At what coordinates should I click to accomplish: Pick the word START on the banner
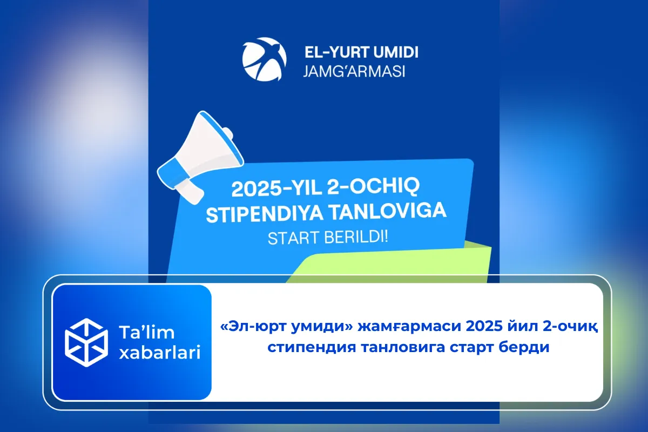click(x=292, y=238)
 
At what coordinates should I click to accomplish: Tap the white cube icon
click(x=86, y=342)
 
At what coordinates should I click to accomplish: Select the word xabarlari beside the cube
click(x=159, y=354)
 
